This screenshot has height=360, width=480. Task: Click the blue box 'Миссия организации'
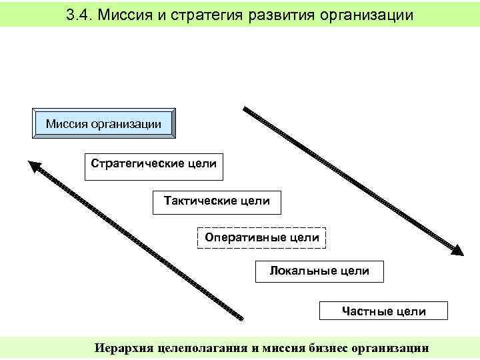pyautogui.click(x=104, y=123)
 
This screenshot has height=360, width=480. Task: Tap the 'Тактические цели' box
pyautogui.click(x=217, y=201)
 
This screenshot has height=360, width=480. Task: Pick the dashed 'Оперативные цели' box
pyautogui.click(x=262, y=237)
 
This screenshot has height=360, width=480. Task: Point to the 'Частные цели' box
pyautogui.click(x=383, y=311)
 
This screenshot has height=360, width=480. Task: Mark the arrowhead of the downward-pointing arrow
pyautogui.click(x=457, y=250)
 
